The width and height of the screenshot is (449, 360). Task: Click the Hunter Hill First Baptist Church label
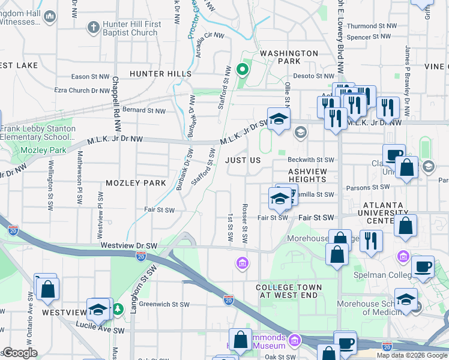[132, 28]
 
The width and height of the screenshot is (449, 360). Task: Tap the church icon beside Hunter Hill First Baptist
[93, 27]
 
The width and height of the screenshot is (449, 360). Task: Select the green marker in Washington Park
[243, 70]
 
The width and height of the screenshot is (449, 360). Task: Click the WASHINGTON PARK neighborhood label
[289, 57]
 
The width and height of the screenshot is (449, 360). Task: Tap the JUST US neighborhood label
[243, 161]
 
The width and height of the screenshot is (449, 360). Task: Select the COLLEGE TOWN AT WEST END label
[289, 291]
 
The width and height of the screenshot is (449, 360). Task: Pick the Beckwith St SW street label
[310, 160]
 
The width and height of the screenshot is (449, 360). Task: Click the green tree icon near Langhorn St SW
[119, 308]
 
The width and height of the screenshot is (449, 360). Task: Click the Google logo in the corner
[20, 353]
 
